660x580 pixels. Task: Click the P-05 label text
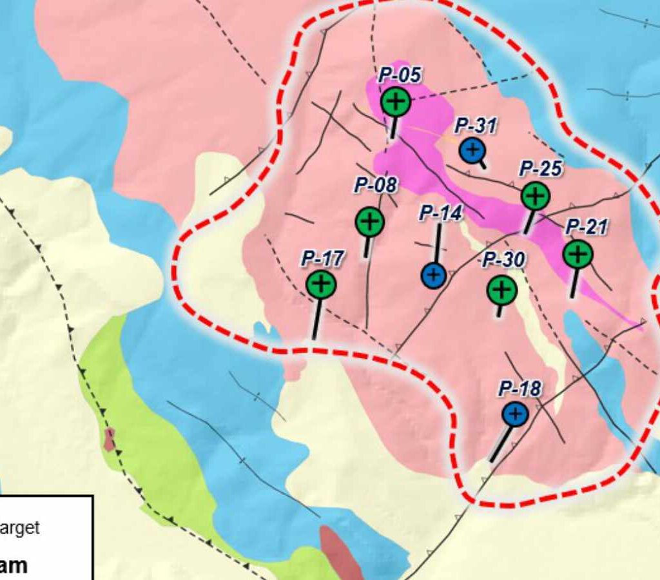click(400, 75)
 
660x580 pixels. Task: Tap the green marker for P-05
click(395, 101)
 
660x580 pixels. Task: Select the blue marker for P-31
click(472, 150)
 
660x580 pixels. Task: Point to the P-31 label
click(476, 126)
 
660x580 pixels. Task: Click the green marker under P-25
click(535, 196)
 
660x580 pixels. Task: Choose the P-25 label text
click(541, 169)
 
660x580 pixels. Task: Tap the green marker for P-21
click(577, 253)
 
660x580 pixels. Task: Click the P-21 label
click(587, 227)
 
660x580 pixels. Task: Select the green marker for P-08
click(369, 222)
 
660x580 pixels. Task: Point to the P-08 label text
click(376, 186)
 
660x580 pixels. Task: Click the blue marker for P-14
click(434, 276)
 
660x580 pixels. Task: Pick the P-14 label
click(441, 213)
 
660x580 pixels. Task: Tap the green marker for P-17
click(320, 284)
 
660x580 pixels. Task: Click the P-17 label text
click(323, 259)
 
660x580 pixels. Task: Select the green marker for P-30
click(501, 290)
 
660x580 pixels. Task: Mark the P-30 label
click(504, 260)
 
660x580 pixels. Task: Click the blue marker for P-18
click(515, 414)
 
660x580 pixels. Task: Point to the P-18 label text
click(520, 389)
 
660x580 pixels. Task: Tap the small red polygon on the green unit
click(110, 438)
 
